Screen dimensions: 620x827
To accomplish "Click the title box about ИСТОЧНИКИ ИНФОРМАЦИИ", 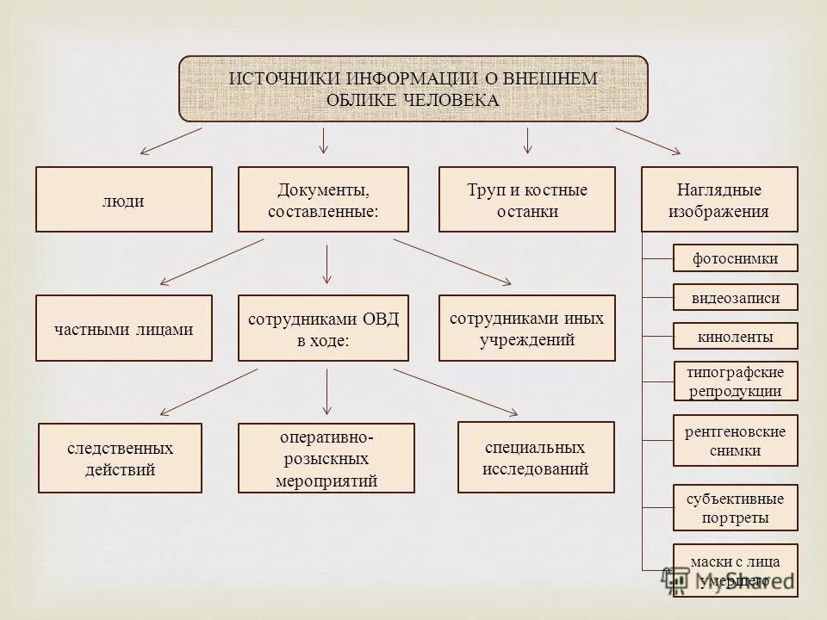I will [413, 89].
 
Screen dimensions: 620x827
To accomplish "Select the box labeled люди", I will [123, 200].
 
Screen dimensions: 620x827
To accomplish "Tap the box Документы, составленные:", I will [323, 200].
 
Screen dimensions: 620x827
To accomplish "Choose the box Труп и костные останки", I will [527, 200].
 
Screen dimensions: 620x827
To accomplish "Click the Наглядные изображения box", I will [719, 200].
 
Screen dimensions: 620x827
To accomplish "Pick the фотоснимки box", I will [735, 257].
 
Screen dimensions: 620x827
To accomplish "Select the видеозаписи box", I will [735, 298].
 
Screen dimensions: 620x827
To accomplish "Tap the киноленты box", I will [735, 337].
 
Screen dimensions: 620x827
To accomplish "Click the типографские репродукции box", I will [735, 381].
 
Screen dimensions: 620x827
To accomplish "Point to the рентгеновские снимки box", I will [735, 440].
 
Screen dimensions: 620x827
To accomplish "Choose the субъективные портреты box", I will [735, 508].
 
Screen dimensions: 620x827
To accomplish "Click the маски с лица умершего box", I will [735, 571].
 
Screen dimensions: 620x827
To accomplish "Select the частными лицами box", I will [123, 328].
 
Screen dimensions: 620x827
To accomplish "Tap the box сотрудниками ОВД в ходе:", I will [323, 328].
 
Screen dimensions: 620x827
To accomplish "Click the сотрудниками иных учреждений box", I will [527, 328].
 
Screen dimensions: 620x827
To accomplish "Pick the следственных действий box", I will [121, 458].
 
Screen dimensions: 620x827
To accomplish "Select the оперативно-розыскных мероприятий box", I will [326, 458].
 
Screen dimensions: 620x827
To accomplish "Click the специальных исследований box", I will [536, 457].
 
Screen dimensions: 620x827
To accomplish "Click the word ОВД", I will [381, 319].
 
